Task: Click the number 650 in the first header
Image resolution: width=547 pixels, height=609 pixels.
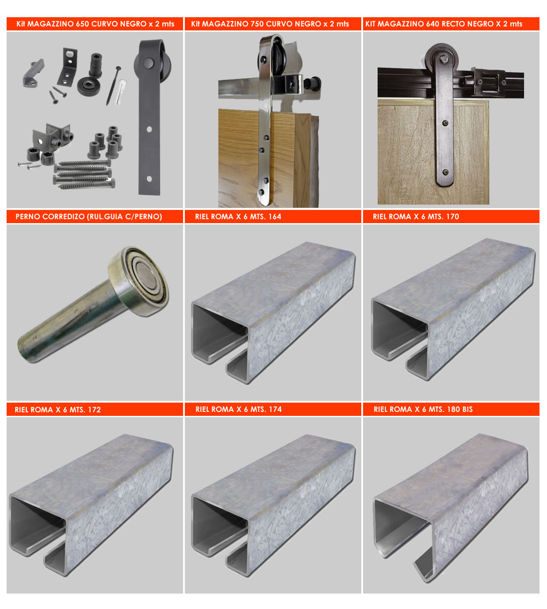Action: click(x=82, y=24)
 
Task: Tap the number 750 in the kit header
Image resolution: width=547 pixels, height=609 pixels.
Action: click(x=257, y=24)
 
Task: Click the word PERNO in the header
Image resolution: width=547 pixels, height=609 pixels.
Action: click(x=28, y=217)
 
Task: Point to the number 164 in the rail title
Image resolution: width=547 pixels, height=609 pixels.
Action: click(x=274, y=217)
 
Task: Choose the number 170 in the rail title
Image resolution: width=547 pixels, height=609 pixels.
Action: click(x=453, y=217)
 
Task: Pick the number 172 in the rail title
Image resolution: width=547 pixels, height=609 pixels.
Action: click(x=94, y=410)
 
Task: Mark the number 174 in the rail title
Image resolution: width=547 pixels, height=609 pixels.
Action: click(x=275, y=409)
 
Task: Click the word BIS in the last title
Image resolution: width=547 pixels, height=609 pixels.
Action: click(x=467, y=409)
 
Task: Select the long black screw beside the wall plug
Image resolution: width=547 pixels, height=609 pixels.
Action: click(x=113, y=86)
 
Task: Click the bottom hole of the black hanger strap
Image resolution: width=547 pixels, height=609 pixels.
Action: click(x=149, y=179)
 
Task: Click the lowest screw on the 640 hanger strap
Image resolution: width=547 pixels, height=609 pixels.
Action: click(x=446, y=172)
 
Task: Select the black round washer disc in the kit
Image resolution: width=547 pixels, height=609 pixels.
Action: click(x=89, y=86)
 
